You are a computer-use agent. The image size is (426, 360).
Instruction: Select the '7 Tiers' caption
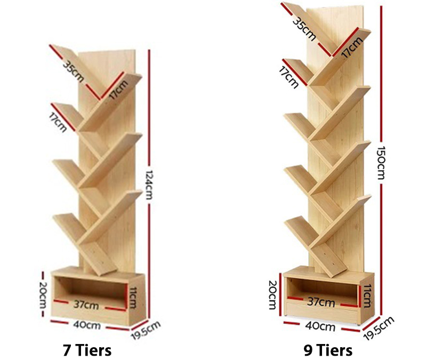[87, 350]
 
